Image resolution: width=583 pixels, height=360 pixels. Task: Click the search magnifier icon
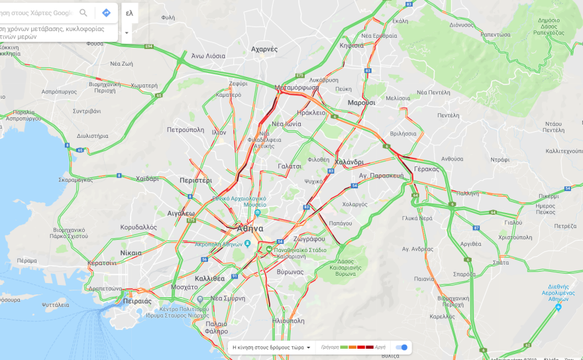click(83, 13)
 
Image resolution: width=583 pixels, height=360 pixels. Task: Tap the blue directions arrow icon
click(106, 13)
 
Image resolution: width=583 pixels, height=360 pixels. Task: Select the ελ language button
click(129, 13)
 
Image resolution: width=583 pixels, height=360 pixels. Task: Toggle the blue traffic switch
click(401, 347)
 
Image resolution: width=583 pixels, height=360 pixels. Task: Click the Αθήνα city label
click(250, 229)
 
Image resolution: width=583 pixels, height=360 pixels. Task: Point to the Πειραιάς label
click(137, 300)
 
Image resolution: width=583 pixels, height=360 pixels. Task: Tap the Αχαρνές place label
click(264, 49)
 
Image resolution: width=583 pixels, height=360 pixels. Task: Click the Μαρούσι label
click(361, 103)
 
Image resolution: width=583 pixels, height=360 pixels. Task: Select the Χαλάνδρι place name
click(349, 162)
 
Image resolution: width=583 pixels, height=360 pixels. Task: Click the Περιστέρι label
click(195, 180)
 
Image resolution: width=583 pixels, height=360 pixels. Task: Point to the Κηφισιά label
click(351, 46)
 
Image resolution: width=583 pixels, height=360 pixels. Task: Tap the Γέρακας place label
click(426, 169)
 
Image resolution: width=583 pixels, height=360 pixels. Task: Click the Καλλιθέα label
click(210, 278)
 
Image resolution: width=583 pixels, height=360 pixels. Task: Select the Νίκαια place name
click(131, 253)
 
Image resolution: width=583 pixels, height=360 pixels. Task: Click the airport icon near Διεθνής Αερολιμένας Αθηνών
click(558, 307)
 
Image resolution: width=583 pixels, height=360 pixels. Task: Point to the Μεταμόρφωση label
click(296, 87)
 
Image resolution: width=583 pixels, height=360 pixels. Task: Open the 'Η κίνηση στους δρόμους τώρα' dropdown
click(271, 347)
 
